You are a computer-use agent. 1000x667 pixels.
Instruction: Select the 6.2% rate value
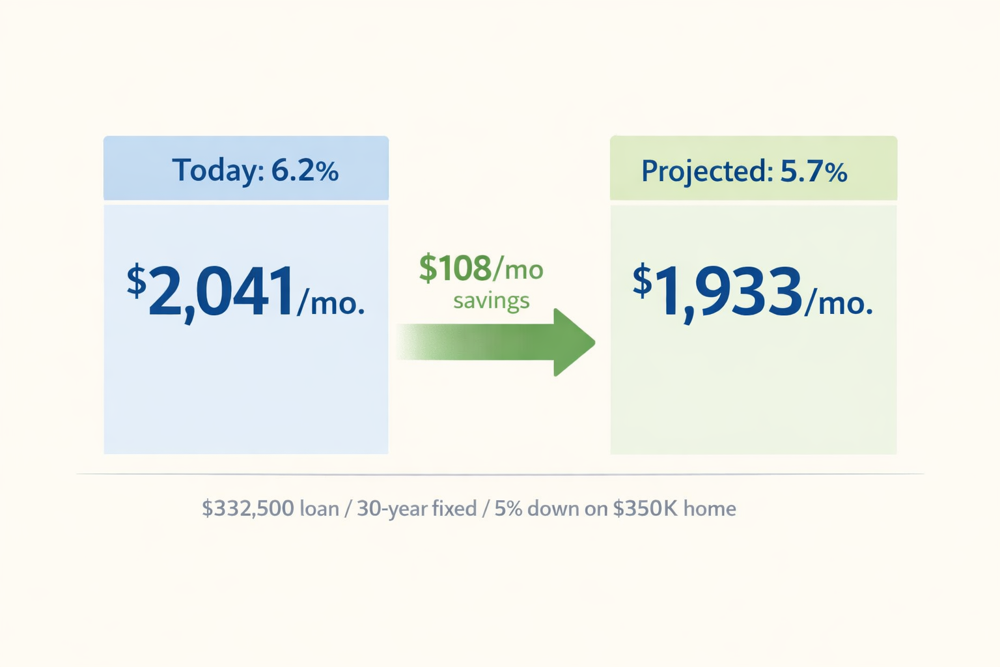pos(305,171)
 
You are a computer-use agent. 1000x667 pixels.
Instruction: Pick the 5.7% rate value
pos(814,172)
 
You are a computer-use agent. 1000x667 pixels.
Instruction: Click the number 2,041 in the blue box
pos(221,292)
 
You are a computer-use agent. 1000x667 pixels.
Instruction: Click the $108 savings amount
pos(455,268)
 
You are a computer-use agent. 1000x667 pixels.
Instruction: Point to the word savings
pos(492,301)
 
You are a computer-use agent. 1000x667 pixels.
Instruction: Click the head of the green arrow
pos(573,342)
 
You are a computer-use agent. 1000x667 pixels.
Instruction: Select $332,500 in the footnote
pos(247,508)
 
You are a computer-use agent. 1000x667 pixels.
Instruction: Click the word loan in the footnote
pos(319,508)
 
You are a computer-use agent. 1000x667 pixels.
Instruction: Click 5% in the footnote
pos(508,508)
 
